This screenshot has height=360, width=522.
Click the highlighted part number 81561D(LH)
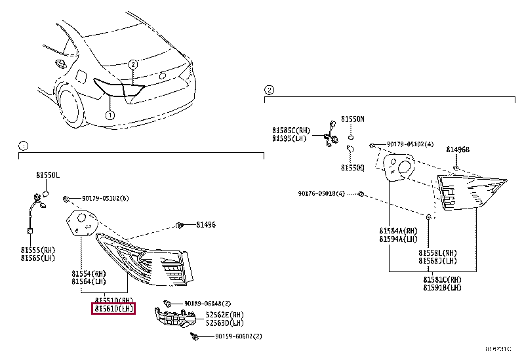coord(113,308)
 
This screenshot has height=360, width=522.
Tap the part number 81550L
coord(47,176)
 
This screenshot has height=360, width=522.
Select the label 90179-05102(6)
coord(105,198)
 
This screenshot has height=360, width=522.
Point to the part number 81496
coord(205,225)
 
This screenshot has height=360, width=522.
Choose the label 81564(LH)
coord(89,282)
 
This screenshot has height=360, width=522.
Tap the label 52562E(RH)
coord(224,315)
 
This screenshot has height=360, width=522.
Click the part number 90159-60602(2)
coord(238,336)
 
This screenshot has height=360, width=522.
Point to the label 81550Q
coord(352,168)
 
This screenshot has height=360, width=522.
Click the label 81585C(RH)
coord(291,130)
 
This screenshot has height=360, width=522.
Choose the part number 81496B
coord(458,150)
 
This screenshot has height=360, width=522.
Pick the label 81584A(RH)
coord(397,231)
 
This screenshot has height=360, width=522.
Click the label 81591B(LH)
coord(442,287)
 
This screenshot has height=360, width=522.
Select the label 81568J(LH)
coord(438,260)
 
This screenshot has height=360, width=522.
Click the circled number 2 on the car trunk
coord(132,64)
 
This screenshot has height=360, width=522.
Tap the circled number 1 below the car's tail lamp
coord(110,115)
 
